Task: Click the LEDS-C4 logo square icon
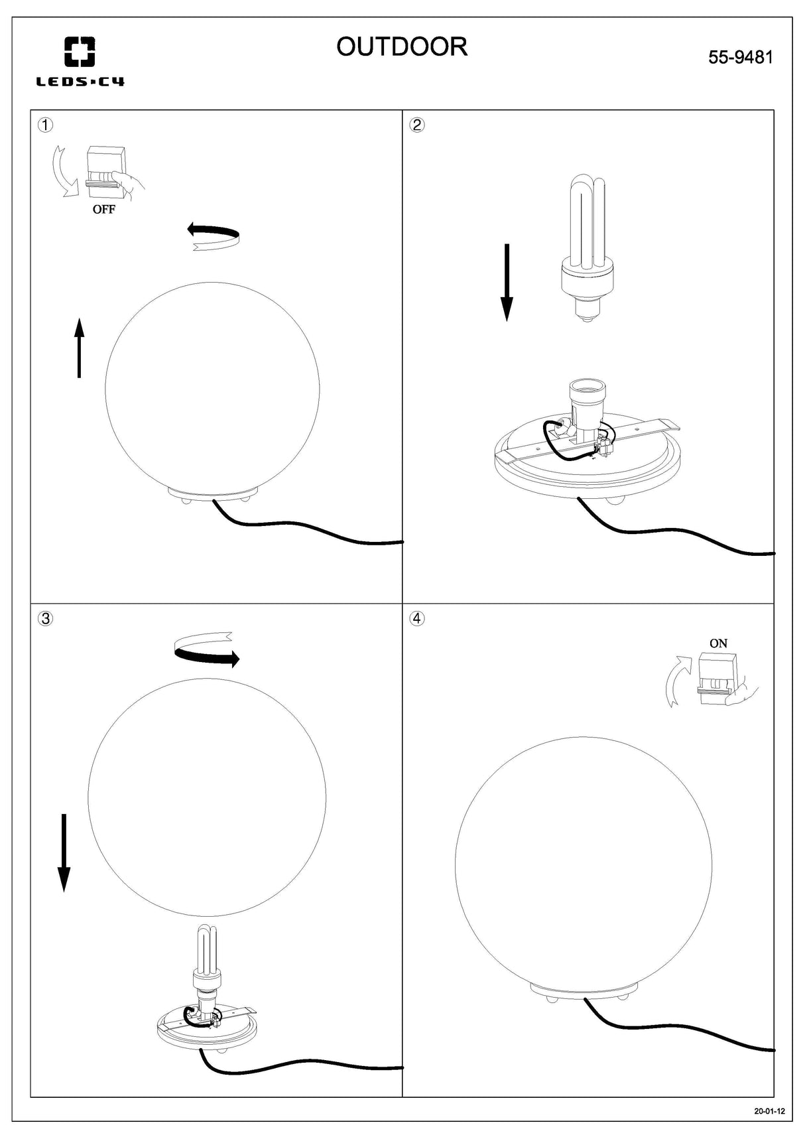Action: click(79, 52)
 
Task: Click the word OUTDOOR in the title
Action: click(402, 47)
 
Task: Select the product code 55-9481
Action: click(741, 58)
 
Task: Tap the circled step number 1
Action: click(45, 125)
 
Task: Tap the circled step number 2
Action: click(417, 125)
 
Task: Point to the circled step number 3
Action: click(45, 618)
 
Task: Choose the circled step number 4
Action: click(417, 618)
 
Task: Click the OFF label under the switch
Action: click(103, 210)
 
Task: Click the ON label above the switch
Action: click(718, 643)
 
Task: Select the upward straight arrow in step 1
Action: click(79, 348)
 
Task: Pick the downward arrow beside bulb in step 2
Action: click(507, 282)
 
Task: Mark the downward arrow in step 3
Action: click(64, 852)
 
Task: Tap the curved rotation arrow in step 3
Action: click(206, 649)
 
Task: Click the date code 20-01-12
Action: click(769, 1111)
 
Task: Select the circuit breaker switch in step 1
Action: click(105, 173)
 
